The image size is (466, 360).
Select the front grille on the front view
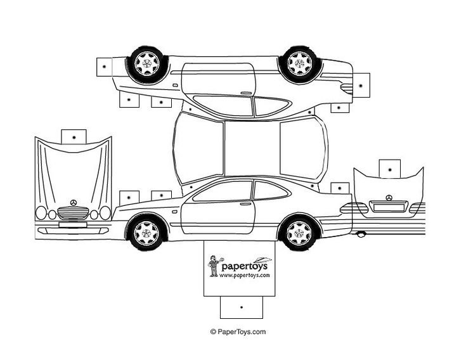click(73, 212)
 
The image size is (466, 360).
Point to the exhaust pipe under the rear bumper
click(361, 235)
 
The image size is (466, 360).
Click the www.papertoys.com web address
click(246, 275)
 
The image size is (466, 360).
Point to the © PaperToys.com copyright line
click(238, 331)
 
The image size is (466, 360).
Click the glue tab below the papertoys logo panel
click(241, 307)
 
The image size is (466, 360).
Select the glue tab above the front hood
click(74, 136)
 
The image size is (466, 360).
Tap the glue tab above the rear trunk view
click(390, 168)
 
